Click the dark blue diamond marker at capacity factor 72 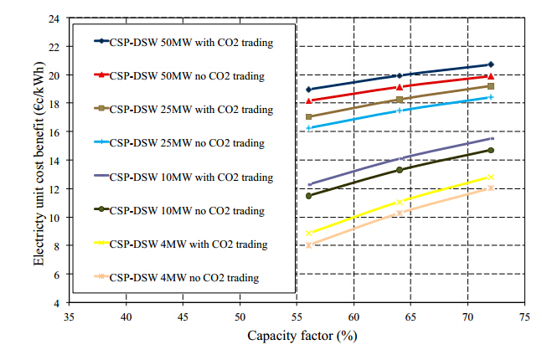(x=491, y=64)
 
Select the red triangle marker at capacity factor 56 (x=309, y=100)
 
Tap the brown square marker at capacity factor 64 (x=400, y=100)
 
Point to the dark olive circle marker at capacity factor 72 (x=491, y=151)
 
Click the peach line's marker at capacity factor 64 (x=400, y=212)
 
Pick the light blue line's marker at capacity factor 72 (x=491, y=97)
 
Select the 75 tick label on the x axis (x=524, y=317)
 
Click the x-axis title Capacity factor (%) (x=297, y=337)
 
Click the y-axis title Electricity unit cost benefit (x=39, y=160)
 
